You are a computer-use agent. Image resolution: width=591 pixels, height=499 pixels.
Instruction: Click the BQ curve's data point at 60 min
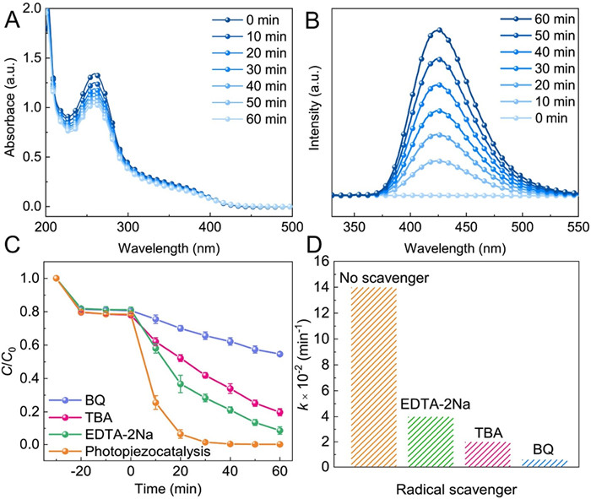[x=279, y=353]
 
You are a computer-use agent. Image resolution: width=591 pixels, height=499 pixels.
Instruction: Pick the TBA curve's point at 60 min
[x=279, y=411]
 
